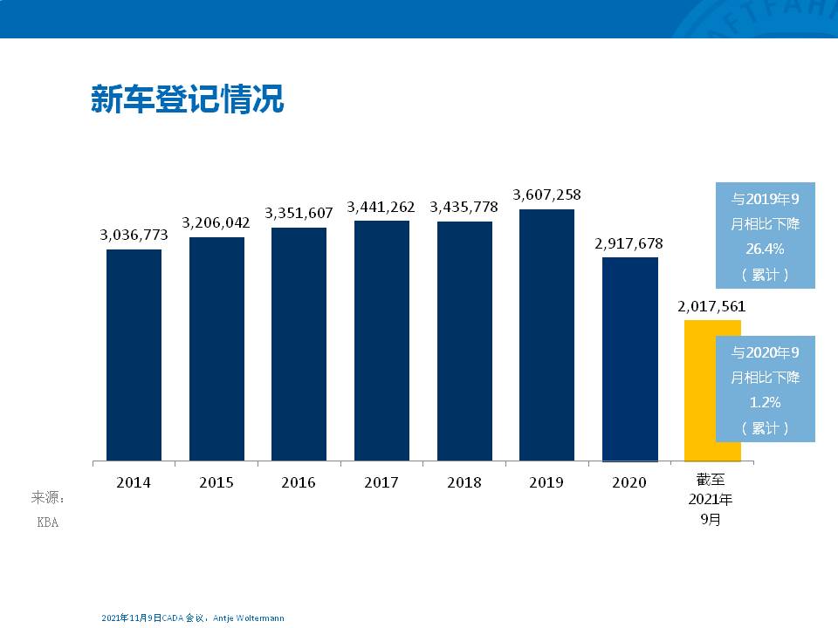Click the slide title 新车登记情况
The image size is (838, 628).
(x=188, y=99)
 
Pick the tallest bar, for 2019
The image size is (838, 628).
(x=546, y=335)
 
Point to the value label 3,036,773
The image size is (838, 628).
(x=134, y=235)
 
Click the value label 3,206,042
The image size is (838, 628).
(x=216, y=222)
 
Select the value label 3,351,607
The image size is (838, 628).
(x=299, y=213)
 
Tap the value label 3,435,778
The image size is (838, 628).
(x=464, y=207)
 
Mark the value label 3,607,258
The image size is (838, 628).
(x=546, y=195)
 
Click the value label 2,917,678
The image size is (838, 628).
(x=629, y=243)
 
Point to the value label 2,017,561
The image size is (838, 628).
(x=711, y=307)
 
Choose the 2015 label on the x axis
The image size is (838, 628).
(x=216, y=482)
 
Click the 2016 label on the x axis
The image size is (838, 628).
(x=299, y=482)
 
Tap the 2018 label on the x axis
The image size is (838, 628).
(x=464, y=482)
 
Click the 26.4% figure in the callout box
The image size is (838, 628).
(x=765, y=249)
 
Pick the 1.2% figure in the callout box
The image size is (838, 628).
(x=765, y=403)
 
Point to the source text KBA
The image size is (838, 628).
(x=47, y=522)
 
